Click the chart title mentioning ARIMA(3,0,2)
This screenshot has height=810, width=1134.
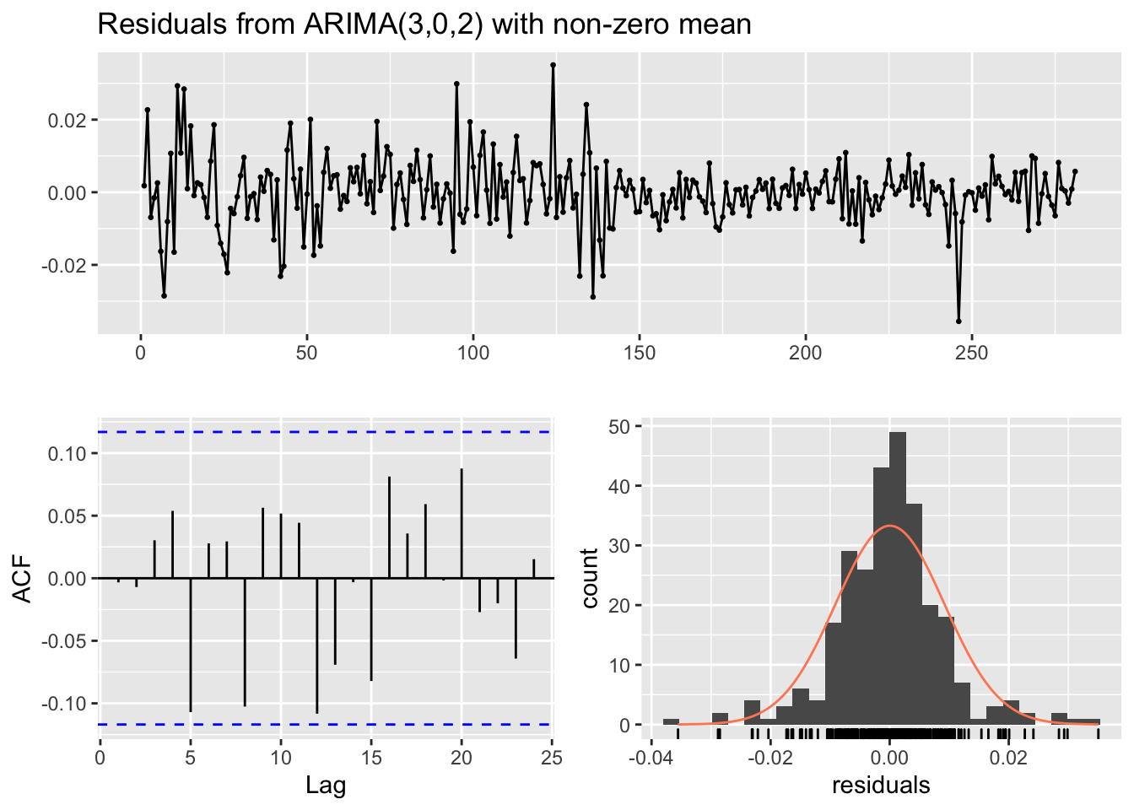pyautogui.click(x=424, y=24)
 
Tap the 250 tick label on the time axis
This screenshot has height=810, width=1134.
pyautogui.click(x=971, y=353)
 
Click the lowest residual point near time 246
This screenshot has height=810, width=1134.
pyautogui.click(x=958, y=321)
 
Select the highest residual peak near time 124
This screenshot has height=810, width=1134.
pyautogui.click(x=553, y=65)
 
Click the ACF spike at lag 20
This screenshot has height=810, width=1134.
pyautogui.click(x=462, y=523)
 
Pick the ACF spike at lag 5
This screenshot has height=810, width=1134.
pyautogui.click(x=191, y=645)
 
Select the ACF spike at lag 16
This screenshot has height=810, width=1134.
pyautogui.click(x=389, y=527)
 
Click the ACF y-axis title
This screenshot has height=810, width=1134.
pyautogui.click(x=24, y=578)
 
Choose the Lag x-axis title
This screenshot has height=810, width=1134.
pyautogui.click(x=326, y=786)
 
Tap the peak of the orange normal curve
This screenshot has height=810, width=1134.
pyautogui.click(x=890, y=526)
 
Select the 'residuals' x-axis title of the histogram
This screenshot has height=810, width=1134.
pyautogui.click(x=881, y=786)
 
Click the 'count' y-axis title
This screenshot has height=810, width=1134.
pyautogui.click(x=590, y=578)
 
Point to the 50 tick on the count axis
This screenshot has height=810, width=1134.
pyautogui.click(x=618, y=426)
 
